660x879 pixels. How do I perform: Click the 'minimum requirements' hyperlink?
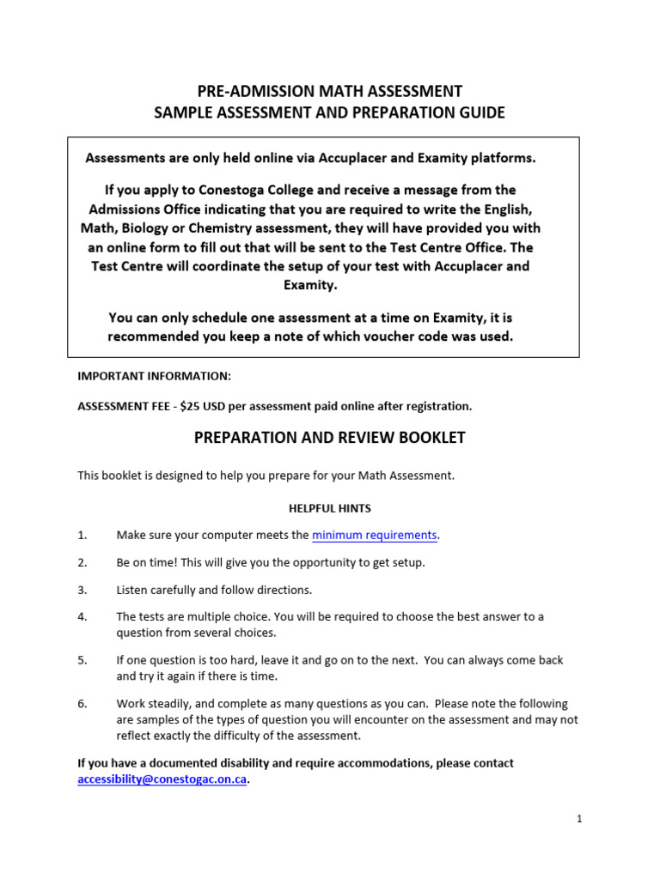click(375, 536)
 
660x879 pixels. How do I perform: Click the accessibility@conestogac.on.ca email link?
click(162, 780)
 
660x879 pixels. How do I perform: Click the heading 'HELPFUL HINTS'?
click(330, 509)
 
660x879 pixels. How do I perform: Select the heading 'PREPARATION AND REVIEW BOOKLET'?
click(330, 438)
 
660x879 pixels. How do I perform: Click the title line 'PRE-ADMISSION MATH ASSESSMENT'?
click(330, 91)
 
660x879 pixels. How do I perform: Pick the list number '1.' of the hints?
click(83, 536)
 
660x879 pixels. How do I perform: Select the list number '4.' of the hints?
click(83, 616)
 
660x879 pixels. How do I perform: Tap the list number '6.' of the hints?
click(83, 704)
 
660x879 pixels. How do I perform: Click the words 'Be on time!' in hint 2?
click(147, 562)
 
